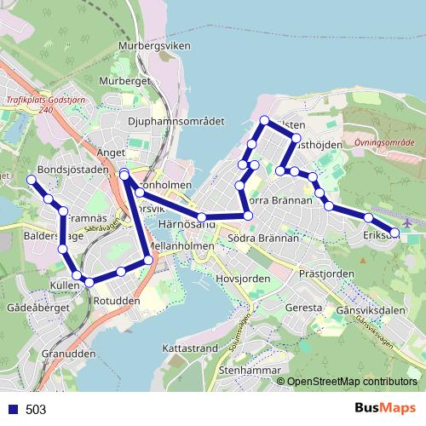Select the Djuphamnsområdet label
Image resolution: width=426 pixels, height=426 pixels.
point(175,121)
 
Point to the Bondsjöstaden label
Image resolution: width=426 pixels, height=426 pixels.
point(74,170)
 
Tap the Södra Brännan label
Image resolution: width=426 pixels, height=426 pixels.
point(264,239)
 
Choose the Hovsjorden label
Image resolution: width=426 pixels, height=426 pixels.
point(244,279)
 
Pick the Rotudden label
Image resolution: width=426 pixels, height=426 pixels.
point(116,300)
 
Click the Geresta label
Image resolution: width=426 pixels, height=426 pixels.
point(303,307)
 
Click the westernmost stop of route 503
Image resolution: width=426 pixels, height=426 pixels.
point(32,180)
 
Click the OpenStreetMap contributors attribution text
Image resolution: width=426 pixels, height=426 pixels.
point(351,382)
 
